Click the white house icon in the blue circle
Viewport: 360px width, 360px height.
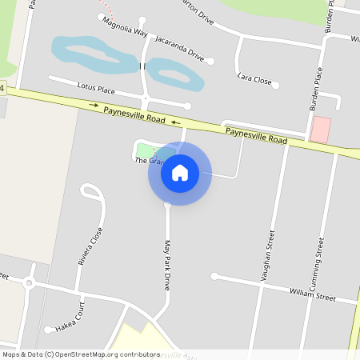point(180,172)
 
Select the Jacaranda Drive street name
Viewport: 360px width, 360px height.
point(181,48)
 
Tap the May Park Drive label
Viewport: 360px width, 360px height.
point(167,265)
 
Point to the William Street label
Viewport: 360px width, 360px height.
point(312,294)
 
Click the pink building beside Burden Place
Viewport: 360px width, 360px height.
point(321,130)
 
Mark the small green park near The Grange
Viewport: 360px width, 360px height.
point(145,150)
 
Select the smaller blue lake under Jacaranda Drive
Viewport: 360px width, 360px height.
point(174,74)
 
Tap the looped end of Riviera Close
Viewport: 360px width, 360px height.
point(91,192)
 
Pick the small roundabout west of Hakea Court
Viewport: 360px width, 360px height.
point(30,282)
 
